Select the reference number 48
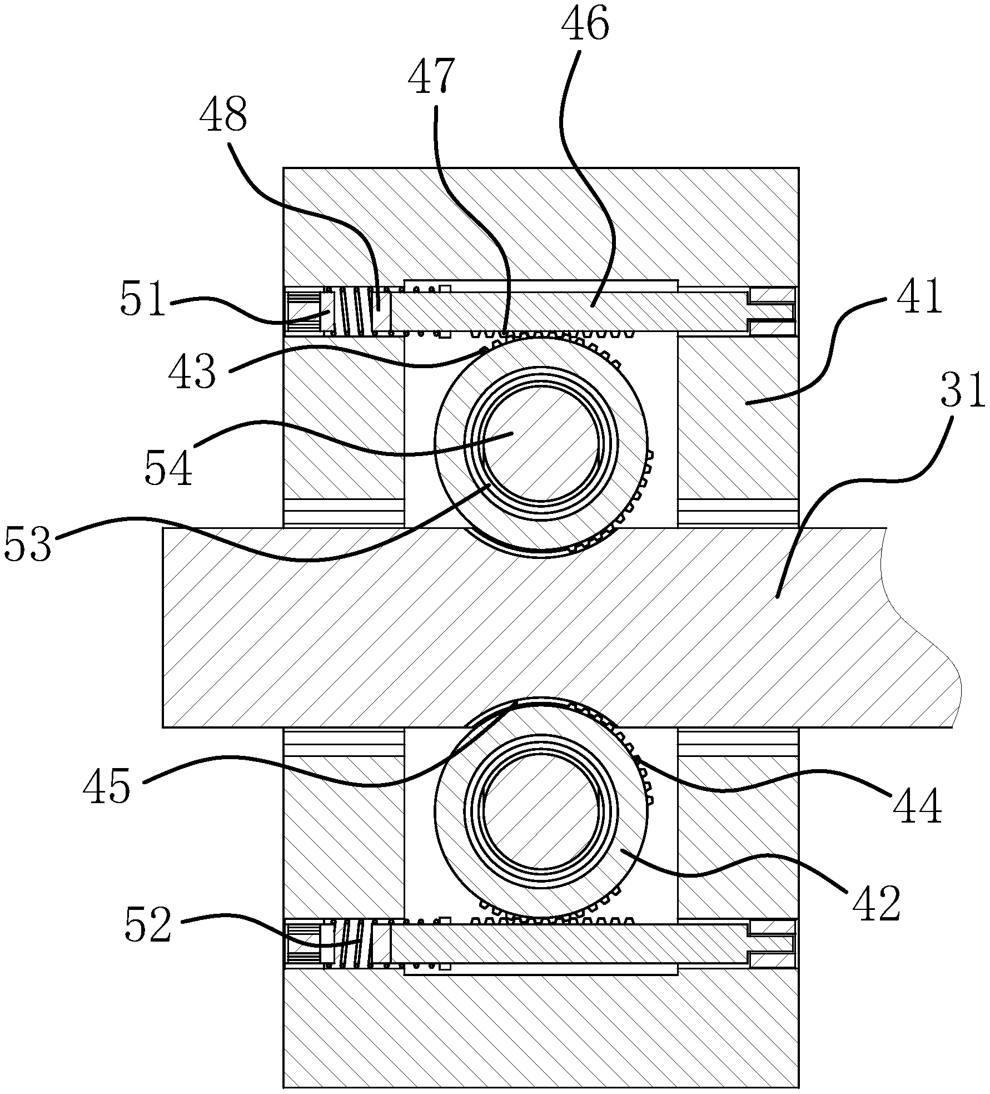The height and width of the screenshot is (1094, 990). tap(223, 114)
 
